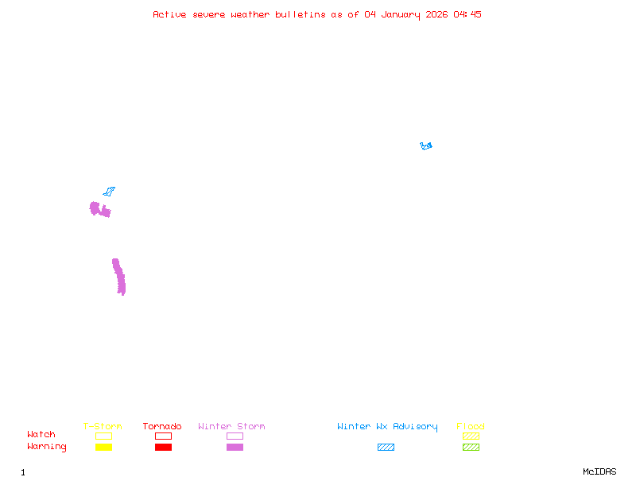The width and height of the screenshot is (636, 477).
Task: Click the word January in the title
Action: click(x=401, y=15)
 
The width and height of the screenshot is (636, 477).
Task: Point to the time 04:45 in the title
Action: click(x=467, y=14)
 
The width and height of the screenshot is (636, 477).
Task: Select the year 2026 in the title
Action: click(x=436, y=14)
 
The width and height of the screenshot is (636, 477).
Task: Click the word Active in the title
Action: click(x=169, y=14)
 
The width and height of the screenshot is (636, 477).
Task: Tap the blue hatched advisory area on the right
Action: click(x=426, y=146)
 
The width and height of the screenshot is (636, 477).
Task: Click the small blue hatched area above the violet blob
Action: click(x=109, y=191)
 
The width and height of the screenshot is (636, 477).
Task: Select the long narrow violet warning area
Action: click(x=119, y=277)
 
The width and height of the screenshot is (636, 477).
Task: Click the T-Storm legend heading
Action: click(x=103, y=426)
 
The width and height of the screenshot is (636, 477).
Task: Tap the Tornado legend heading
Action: click(x=162, y=426)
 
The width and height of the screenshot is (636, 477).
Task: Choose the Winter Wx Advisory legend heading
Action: click(x=387, y=427)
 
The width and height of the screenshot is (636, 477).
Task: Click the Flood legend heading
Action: click(x=471, y=426)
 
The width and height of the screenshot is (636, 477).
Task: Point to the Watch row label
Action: click(x=41, y=434)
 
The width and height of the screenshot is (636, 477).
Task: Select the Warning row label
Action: click(x=47, y=447)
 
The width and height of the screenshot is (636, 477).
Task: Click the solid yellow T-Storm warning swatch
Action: click(x=104, y=447)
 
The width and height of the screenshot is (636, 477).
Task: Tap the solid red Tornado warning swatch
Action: click(x=164, y=447)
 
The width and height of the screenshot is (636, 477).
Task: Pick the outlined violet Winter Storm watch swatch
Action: click(x=235, y=436)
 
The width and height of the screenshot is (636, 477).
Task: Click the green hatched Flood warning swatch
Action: click(x=471, y=447)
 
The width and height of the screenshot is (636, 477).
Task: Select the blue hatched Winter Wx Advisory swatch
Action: click(x=386, y=447)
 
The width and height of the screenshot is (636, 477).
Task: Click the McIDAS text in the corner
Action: click(x=599, y=471)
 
